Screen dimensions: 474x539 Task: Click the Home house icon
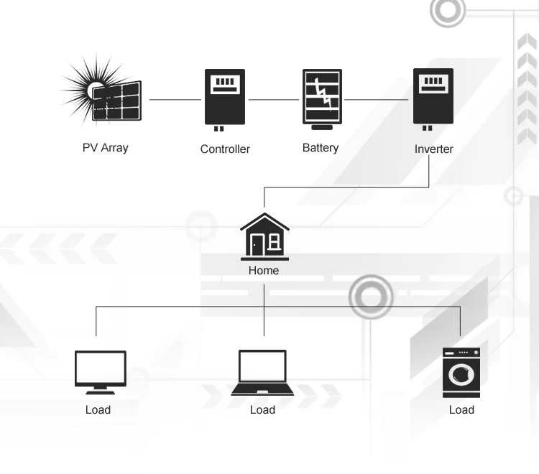point(264,237)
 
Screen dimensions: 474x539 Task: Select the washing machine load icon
point(461,371)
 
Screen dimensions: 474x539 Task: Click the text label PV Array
point(105,149)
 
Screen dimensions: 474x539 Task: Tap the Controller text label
point(225,149)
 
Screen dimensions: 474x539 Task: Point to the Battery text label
point(321,148)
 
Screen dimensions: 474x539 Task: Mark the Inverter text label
point(433,149)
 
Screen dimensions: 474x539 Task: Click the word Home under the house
point(264,271)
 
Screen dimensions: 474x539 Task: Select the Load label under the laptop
point(262,409)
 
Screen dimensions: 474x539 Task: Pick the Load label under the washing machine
point(461,409)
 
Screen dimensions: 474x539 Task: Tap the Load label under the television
point(98,409)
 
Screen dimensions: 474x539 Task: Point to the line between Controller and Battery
point(273,99)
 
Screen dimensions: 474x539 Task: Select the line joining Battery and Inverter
point(377,99)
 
